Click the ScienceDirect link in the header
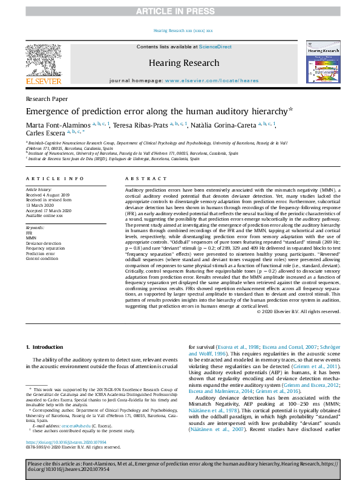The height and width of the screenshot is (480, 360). point(215,47)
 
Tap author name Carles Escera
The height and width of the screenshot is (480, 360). point(44,134)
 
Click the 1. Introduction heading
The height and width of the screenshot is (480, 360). point(47,347)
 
